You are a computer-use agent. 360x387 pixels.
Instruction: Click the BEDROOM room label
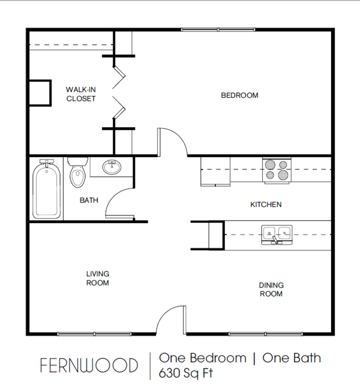click(240, 96)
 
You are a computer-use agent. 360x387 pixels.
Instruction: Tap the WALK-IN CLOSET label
click(81, 94)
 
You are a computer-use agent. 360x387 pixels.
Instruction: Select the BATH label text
click(89, 200)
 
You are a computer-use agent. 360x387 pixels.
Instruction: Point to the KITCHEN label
click(266, 204)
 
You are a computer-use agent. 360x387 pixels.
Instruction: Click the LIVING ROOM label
click(98, 278)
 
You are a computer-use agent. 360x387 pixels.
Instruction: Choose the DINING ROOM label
click(271, 289)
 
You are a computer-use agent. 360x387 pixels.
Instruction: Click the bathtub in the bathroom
click(47, 189)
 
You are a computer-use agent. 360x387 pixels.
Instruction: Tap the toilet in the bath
click(78, 172)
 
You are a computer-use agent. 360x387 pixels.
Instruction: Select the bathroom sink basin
click(112, 167)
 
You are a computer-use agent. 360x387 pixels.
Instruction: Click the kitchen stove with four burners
click(277, 170)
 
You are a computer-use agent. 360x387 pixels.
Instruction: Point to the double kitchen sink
click(277, 235)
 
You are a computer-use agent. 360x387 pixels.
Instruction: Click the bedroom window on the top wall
click(218, 29)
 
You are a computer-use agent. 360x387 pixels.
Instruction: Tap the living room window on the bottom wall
click(94, 334)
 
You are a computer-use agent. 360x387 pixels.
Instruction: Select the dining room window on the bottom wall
click(266, 334)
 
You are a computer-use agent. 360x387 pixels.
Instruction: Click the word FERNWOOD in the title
click(89, 365)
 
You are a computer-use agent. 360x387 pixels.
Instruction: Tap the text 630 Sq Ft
click(186, 373)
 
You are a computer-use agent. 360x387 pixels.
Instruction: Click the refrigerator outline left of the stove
click(215, 171)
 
